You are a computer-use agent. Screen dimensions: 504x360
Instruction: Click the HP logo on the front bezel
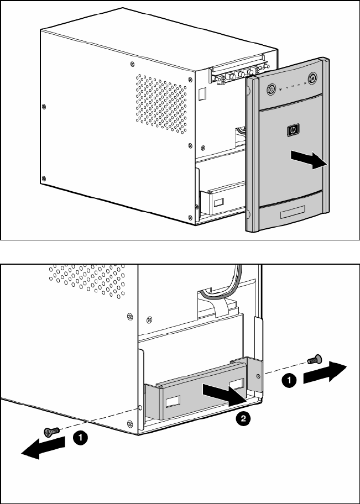click(x=291, y=130)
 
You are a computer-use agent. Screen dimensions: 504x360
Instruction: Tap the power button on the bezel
click(x=272, y=89)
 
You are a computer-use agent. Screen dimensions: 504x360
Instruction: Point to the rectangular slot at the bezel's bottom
click(x=293, y=214)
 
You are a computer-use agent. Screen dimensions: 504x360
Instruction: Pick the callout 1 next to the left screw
click(x=81, y=438)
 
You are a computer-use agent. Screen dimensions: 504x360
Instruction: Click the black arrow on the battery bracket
click(x=222, y=393)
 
